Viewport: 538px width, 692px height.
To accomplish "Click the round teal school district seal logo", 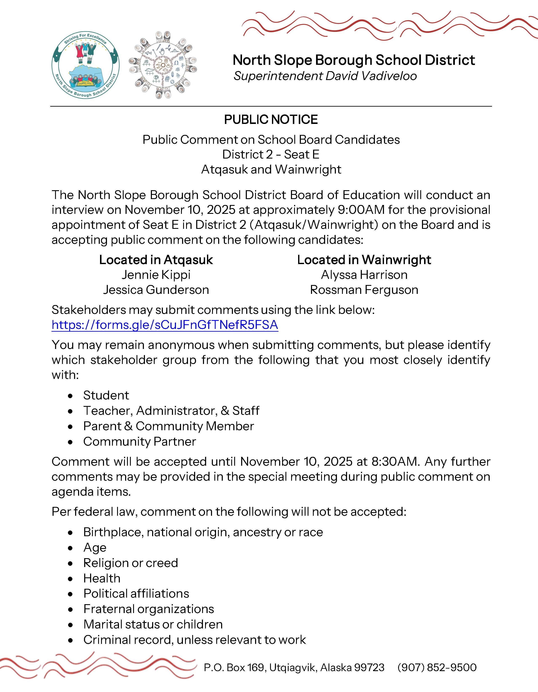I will pyautogui.click(x=85, y=65).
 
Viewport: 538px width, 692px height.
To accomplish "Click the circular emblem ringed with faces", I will pyautogui.click(x=163, y=65).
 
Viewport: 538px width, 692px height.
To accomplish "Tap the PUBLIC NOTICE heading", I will pyautogui.click(x=271, y=120).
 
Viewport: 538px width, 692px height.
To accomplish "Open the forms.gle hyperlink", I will pyautogui.click(x=165, y=325).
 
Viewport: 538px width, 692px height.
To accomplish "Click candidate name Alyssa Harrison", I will pyautogui.click(x=364, y=275).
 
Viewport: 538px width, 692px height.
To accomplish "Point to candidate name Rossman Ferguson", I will pyautogui.click(x=364, y=290).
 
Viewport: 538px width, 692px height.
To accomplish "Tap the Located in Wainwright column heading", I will pyautogui.click(x=364, y=260).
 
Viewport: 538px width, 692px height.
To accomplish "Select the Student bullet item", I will pyautogui.click(x=106, y=395).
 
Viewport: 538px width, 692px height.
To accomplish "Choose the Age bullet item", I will pyautogui.click(x=95, y=548).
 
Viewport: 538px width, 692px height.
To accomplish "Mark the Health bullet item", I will pyautogui.click(x=102, y=578).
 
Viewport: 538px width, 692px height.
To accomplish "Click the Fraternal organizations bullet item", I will pyautogui.click(x=149, y=609).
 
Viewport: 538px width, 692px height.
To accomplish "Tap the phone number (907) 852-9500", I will pyautogui.click(x=437, y=667).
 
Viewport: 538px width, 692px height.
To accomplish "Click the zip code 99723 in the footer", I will pyautogui.click(x=369, y=667).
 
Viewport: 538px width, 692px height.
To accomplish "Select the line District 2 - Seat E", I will pyautogui.click(x=271, y=154).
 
